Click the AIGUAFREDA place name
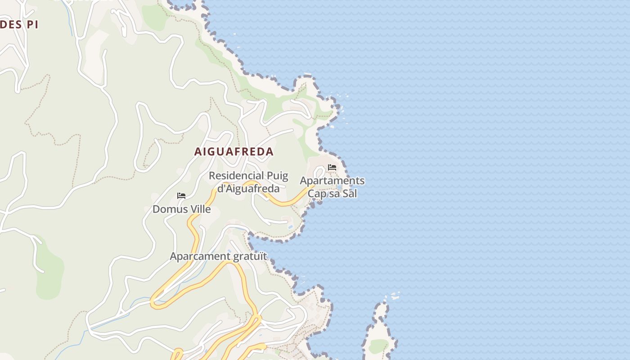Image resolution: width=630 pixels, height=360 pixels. pos(234,152)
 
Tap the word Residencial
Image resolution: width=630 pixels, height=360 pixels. pos(236,175)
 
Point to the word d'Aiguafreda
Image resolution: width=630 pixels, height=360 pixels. pos(248,189)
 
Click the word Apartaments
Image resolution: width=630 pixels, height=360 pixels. pos(332,181)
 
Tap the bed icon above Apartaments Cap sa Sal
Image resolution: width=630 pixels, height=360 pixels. pos(332,167)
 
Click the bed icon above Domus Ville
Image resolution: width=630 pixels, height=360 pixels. pos(181,196)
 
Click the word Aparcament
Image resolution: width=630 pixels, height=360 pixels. pos(199,256)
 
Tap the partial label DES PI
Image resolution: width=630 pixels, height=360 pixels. pos(18,24)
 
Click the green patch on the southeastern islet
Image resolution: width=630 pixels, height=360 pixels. pos(378,346)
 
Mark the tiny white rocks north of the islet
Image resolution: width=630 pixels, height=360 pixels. pos(395,296)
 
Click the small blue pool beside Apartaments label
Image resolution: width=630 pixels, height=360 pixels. pos(338,187)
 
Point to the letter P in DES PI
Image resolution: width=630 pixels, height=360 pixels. pos(28,24)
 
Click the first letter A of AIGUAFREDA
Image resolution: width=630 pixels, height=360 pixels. pos(198,152)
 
